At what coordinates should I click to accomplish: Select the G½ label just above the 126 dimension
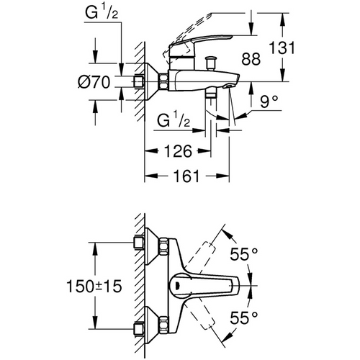tap(172, 117)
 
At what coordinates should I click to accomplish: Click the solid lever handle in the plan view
tap(216, 284)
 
